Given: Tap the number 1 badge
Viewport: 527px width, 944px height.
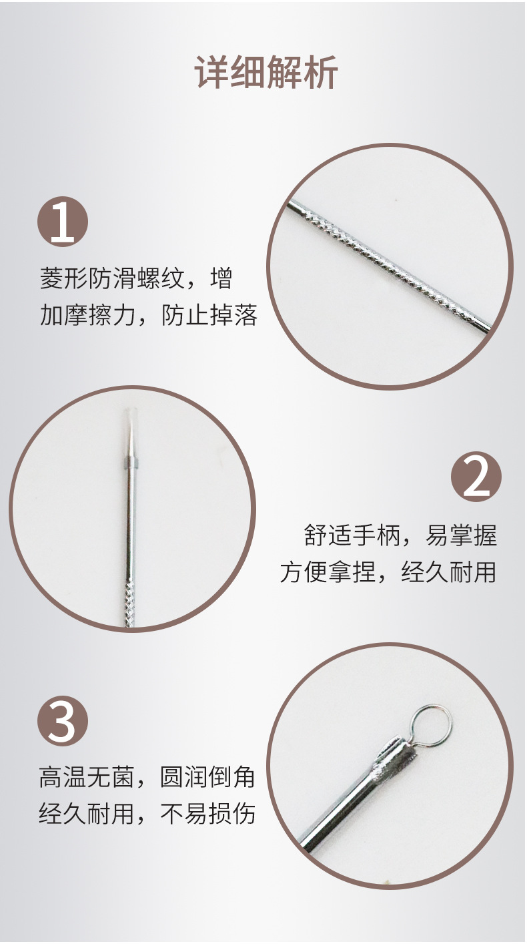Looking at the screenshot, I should point(62,221).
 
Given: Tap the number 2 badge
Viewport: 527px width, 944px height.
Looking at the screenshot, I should point(476,477).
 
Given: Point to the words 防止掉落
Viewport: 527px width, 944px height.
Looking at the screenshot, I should point(209,315).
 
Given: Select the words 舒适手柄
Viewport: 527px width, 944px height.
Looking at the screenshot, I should point(352,536).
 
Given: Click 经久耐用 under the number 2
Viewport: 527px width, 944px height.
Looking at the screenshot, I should point(449,572).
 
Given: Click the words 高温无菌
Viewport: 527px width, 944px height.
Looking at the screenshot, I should point(87,778).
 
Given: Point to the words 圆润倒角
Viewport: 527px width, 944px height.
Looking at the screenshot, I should point(208,778).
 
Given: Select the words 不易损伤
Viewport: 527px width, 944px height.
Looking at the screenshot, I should point(208,814).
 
